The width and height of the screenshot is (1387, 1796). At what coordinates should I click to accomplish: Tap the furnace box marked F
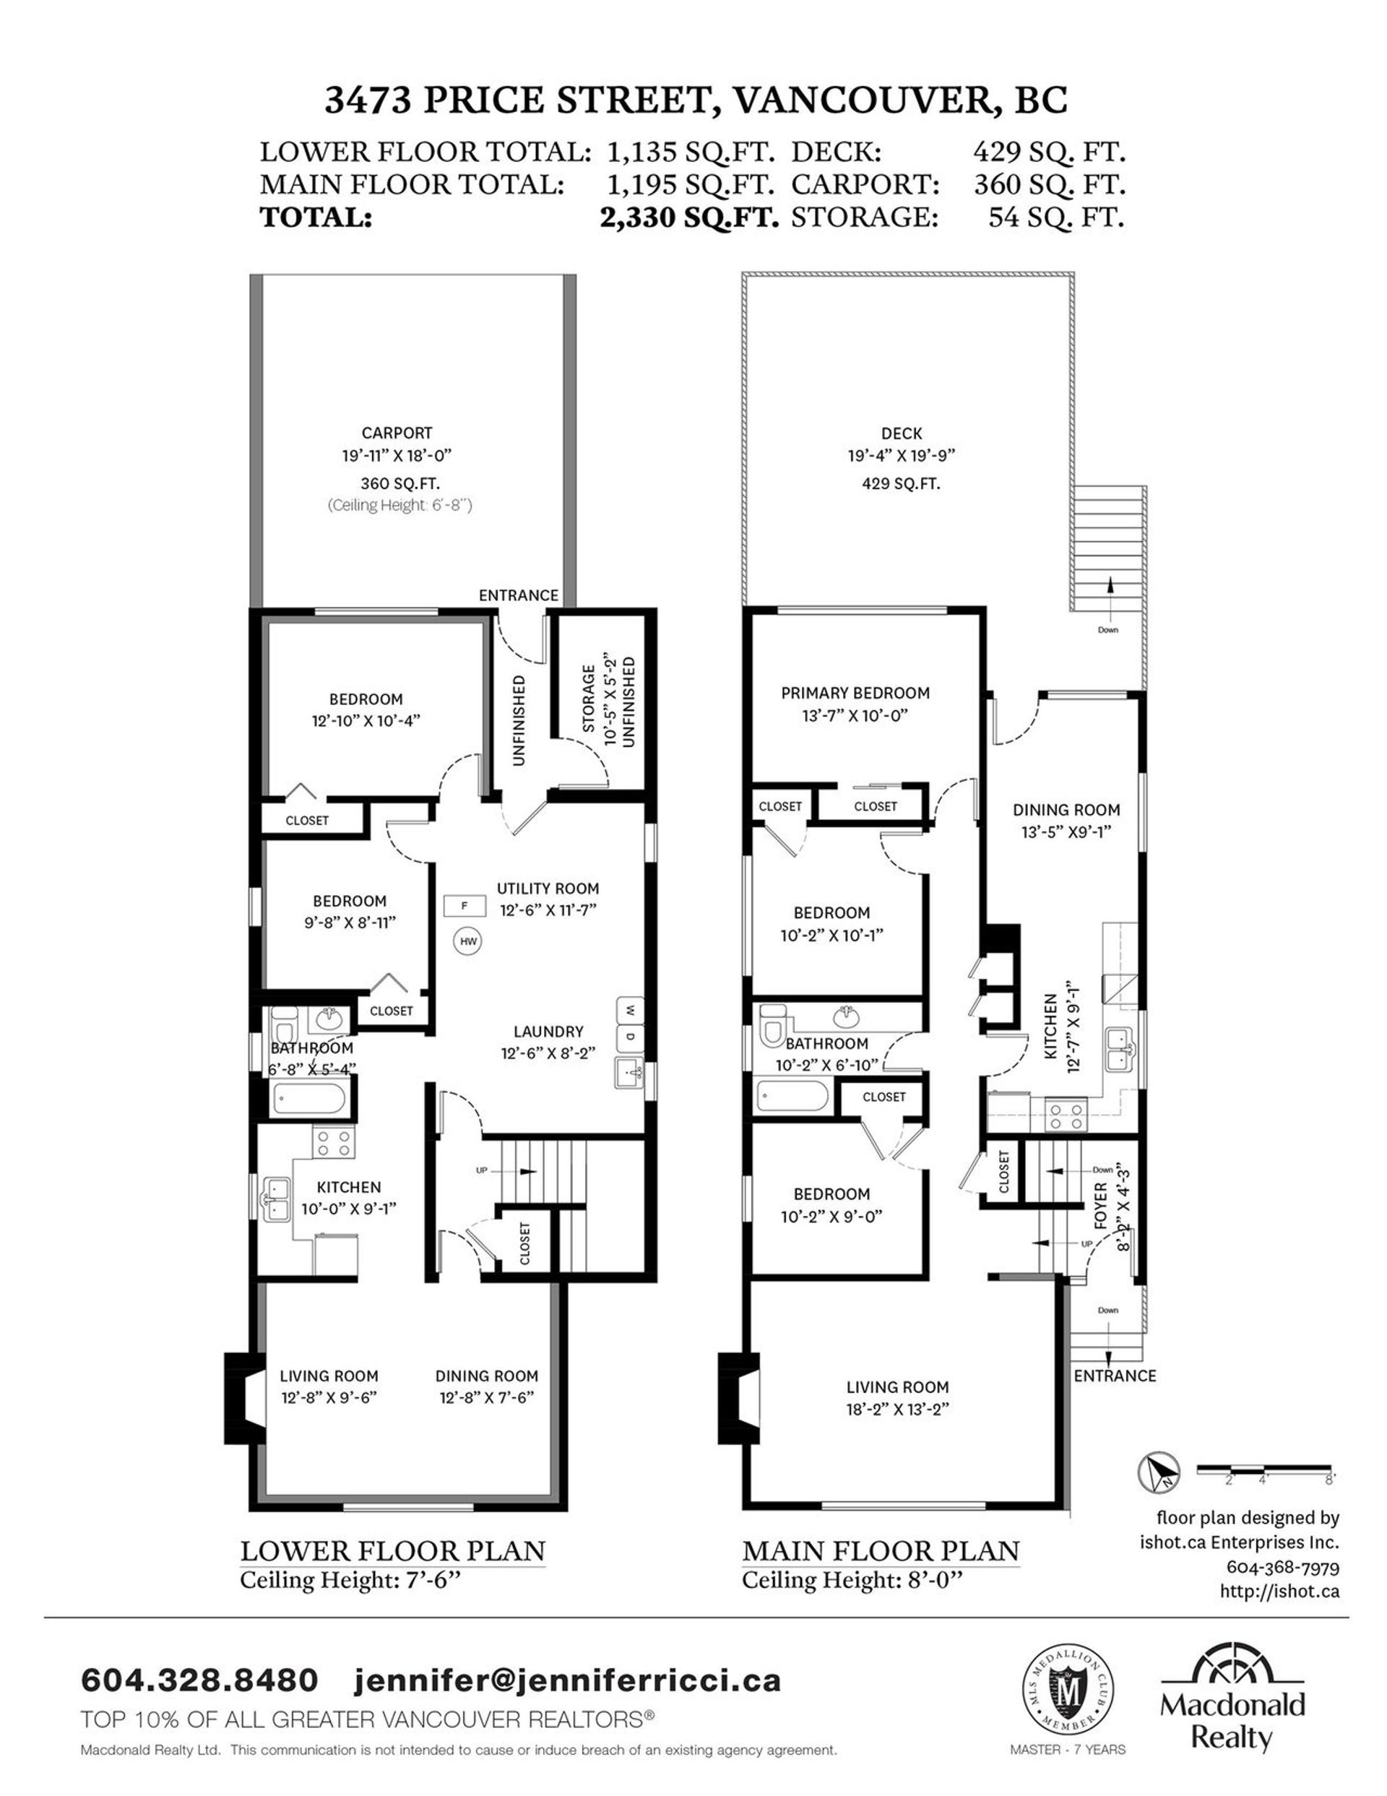tap(464, 906)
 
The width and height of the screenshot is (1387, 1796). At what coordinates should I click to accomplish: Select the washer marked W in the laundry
tap(630, 1009)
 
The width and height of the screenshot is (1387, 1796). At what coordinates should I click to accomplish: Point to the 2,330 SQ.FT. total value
tap(689, 217)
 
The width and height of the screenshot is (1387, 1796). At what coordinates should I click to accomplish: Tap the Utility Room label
tap(548, 888)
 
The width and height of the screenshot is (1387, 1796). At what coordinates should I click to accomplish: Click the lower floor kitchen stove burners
tap(334, 1142)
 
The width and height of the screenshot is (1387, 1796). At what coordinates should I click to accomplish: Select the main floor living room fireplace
tap(738, 1398)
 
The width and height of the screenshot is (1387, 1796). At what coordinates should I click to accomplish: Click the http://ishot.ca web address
tap(1279, 1592)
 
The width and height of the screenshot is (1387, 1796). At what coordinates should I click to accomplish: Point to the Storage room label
tap(589, 699)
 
